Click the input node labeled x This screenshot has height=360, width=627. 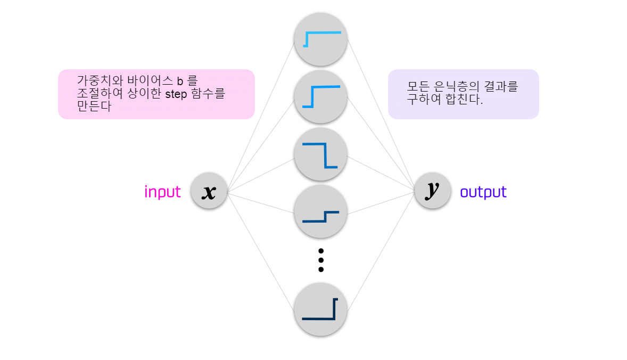(x=209, y=191)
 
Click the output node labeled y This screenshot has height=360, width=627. (x=433, y=191)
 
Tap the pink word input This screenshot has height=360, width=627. (x=162, y=192)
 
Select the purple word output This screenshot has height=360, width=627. (x=483, y=192)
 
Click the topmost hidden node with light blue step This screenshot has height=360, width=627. (x=320, y=39)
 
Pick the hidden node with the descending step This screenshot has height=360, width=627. (x=320, y=154)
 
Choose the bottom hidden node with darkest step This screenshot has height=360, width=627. (x=320, y=309)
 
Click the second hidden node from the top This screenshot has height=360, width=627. (x=320, y=97)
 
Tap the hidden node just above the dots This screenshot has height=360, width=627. (x=320, y=212)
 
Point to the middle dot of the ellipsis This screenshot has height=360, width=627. (x=320, y=260)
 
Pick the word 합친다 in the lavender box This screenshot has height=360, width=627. (x=465, y=100)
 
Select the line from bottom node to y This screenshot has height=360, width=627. (x=381, y=250)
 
